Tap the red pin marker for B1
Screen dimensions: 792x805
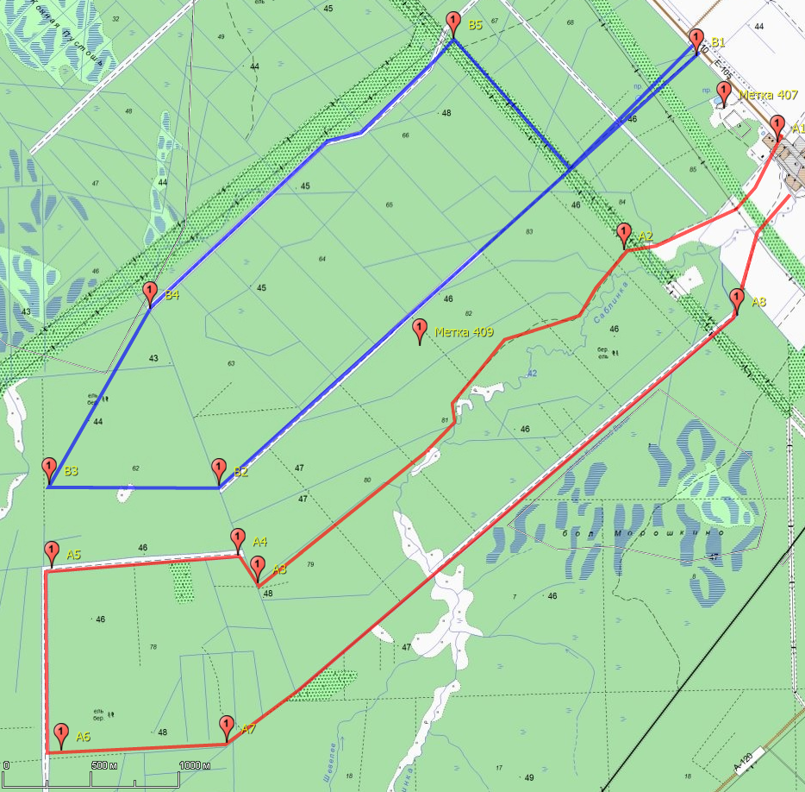coord(697,39)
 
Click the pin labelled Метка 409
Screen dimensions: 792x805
coord(420,330)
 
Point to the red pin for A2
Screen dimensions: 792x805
coord(624,234)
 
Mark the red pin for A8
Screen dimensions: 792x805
coord(737,299)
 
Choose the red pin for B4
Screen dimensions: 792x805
coord(150,292)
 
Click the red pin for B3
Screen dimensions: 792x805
coord(49,469)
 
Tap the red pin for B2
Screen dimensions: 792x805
coord(220,469)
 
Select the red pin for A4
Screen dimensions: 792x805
coord(238,539)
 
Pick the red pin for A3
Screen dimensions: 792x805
coord(258,568)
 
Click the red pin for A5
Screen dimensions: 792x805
coord(51,551)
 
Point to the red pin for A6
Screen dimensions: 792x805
coord(61,734)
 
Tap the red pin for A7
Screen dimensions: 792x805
coord(227,726)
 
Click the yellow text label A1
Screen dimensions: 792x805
coord(798,129)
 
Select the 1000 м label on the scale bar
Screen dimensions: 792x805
coord(196,765)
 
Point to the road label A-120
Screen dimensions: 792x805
coord(744,761)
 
